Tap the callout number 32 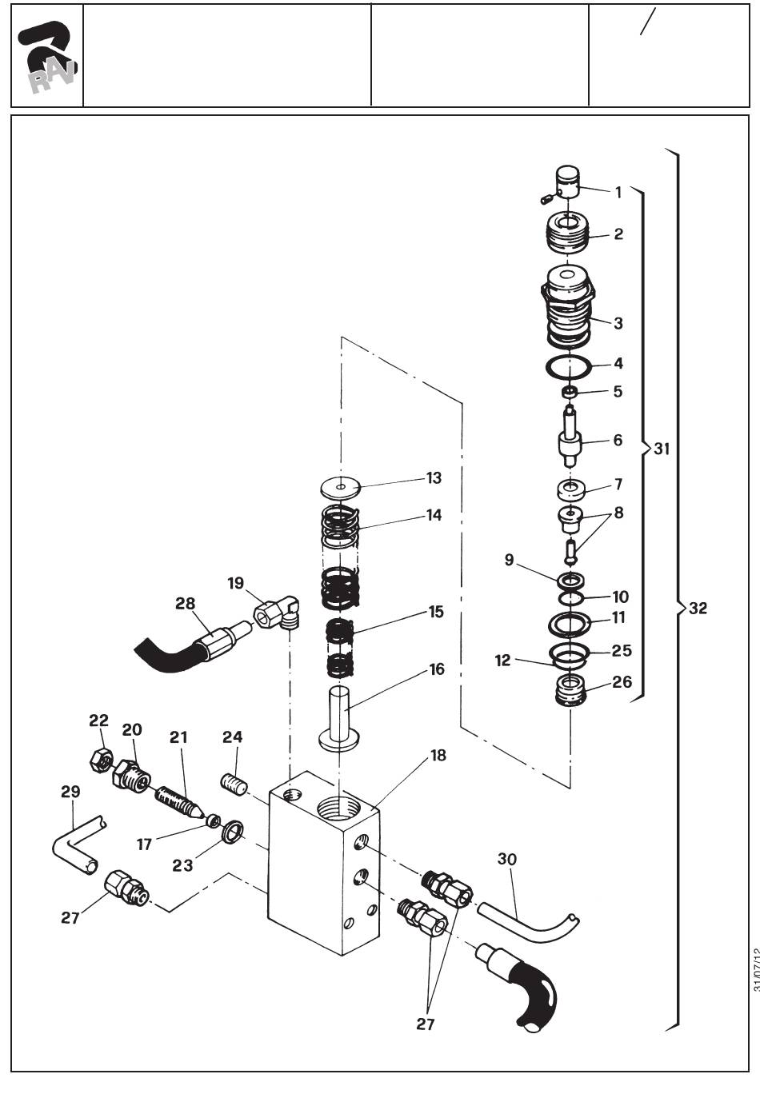click(x=698, y=608)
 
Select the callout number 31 click(x=662, y=449)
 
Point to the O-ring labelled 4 click(x=569, y=366)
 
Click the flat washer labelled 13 click(x=340, y=486)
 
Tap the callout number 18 click(x=438, y=755)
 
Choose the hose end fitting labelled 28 click(x=216, y=641)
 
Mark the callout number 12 click(x=502, y=661)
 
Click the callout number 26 click(x=622, y=681)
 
